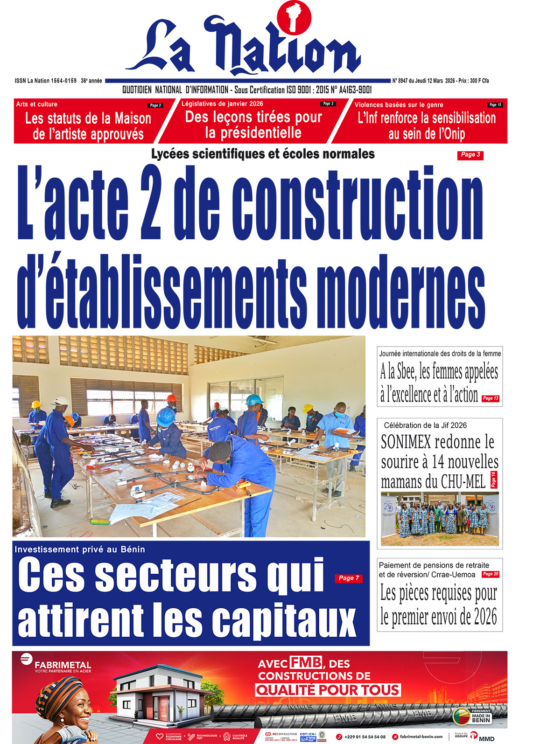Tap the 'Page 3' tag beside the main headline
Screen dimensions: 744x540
(x=470, y=155)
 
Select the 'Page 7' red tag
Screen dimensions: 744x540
(x=349, y=578)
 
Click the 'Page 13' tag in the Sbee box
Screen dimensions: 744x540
(x=491, y=398)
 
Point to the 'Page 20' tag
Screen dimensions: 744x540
(x=490, y=574)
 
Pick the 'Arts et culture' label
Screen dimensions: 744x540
(x=37, y=104)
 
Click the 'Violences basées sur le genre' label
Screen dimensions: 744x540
(x=399, y=105)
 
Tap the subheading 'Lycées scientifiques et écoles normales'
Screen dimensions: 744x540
(x=263, y=154)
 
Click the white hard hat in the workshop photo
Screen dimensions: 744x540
(x=61, y=400)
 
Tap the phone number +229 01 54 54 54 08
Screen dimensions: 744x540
(x=365, y=737)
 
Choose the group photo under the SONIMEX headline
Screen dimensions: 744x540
(x=440, y=519)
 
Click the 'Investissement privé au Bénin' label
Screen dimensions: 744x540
(x=79, y=549)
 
